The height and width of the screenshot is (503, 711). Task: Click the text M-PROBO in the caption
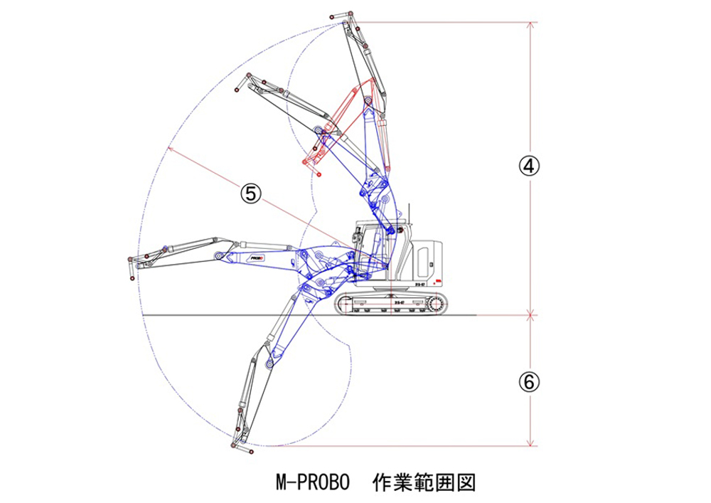tap(312, 482)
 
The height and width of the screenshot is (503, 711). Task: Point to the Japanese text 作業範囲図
tap(423, 482)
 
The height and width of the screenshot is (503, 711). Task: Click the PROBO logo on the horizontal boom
tap(257, 258)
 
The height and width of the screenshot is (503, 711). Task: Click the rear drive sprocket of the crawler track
tap(434, 305)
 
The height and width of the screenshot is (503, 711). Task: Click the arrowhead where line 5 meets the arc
tap(170, 148)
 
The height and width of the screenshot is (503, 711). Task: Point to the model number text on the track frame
tap(397, 302)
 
